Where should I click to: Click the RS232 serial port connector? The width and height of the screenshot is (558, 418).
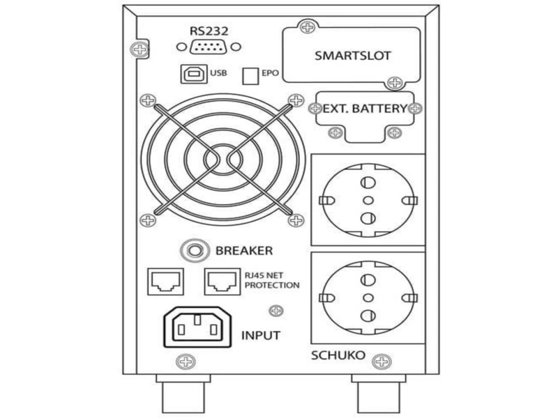click(x=208, y=47)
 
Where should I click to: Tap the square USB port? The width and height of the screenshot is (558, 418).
click(x=194, y=74)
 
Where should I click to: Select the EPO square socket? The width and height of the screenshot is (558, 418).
click(x=250, y=76)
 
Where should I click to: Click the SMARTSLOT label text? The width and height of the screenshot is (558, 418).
click(x=352, y=56)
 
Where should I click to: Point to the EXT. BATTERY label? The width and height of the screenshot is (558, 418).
click(x=364, y=109)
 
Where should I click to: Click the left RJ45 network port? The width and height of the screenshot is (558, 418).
click(x=166, y=281)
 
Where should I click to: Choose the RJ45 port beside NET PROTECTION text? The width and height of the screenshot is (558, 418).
click(x=223, y=281)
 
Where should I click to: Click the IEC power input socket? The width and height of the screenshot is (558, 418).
click(x=197, y=327)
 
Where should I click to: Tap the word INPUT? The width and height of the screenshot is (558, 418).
click(x=261, y=336)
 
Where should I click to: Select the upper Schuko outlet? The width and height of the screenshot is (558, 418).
click(x=368, y=200)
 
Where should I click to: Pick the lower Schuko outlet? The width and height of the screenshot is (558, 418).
click(x=368, y=298)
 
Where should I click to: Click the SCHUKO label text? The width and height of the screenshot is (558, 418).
click(x=338, y=355)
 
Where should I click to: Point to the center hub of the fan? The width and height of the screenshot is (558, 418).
click(x=223, y=160)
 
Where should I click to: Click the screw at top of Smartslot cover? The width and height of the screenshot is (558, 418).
click(x=308, y=27)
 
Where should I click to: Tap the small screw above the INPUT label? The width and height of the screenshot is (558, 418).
click(x=276, y=311)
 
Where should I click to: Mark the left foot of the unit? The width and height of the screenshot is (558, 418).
click(x=183, y=394)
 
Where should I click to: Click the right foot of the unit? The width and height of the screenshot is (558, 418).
click(x=379, y=394)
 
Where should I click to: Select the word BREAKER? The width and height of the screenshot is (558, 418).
click(x=244, y=251)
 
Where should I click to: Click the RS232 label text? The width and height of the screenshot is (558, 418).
click(x=209, y=31)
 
